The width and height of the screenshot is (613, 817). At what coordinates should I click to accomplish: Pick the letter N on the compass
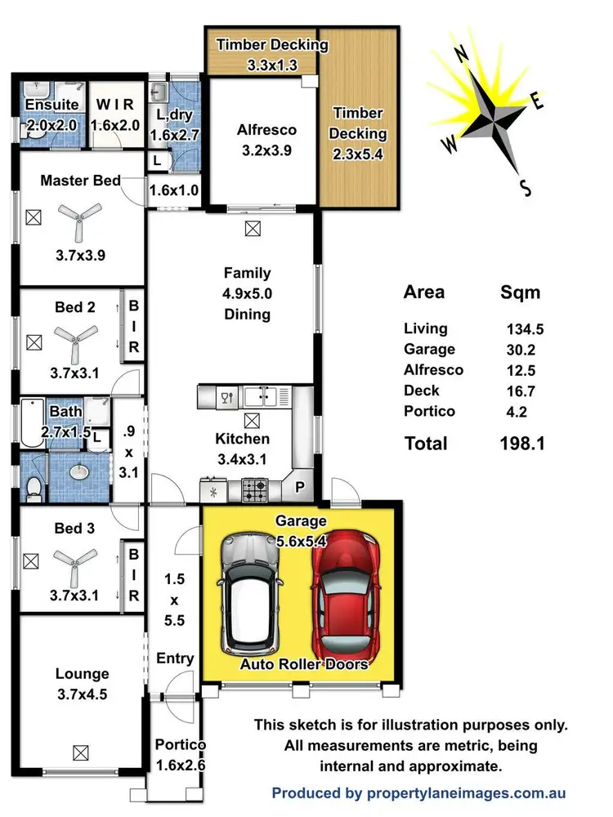(461, 55)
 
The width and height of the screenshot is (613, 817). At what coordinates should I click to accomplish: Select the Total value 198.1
(522, 444)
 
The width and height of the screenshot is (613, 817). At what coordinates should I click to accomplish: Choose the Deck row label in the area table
(421, 391)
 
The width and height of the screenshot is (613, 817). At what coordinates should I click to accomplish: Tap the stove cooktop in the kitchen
(254, 490)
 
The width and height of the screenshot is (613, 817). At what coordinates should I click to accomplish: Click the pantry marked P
(300, 489)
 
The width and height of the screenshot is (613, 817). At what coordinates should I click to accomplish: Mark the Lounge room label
(82, 674)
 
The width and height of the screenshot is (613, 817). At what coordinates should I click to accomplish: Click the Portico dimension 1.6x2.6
(180, 766)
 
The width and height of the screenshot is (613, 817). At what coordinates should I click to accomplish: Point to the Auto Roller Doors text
(303, 664)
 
